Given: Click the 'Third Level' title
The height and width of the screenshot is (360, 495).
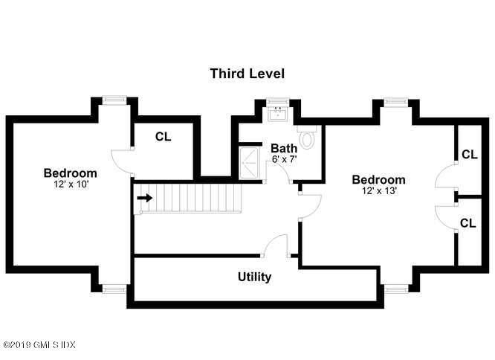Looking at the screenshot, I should [x=247, y=74].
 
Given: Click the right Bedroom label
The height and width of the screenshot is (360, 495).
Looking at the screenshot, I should [x=378, y=180].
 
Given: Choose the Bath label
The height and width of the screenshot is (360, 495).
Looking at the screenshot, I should [x=283, y=149].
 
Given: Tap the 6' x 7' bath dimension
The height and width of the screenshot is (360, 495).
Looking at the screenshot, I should [x=283, y=159].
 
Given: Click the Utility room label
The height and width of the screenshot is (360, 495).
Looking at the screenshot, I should [x=254, y=277].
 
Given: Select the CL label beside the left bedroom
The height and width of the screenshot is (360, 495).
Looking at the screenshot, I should [x=163, y=138].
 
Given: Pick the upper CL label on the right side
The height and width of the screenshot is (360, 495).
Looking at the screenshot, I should [x=469, y=155].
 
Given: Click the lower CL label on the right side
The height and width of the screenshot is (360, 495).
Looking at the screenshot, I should [x=469, y=223].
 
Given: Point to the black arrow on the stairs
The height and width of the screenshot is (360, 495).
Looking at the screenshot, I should [x=145, y=198].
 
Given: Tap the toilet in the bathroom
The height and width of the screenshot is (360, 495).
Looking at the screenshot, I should [x=307, y=138].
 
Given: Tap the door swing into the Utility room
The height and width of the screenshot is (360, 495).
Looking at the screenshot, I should [x=277, y=246].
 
